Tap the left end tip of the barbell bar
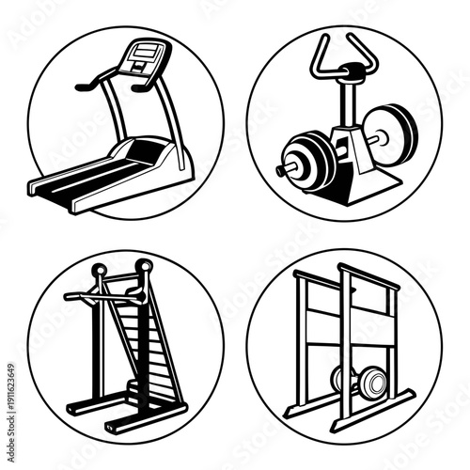280,170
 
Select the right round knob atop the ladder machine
142,266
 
